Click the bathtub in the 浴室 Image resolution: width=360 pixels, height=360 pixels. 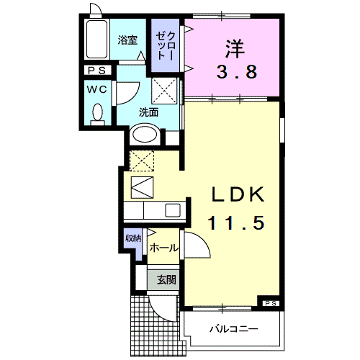pos(96,40)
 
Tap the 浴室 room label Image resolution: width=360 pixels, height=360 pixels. pos(127,40)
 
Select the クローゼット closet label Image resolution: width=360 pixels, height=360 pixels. pos(166,45)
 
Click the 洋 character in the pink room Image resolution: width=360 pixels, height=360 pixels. pos(235,49)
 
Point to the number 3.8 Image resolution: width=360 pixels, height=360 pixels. pos(237,72)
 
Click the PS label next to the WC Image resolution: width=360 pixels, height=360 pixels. pos(97,71)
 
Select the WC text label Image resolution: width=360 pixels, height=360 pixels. pos(97,90)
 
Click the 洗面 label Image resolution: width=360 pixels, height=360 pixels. pos(149,112)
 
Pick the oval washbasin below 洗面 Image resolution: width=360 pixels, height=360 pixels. pos(145,135)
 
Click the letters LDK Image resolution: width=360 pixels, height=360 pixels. pos(238,194)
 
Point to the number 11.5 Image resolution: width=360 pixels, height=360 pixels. pos(237,223)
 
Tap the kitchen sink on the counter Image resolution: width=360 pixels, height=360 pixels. pos(173,210)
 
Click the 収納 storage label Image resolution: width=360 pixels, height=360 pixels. pos(133,238)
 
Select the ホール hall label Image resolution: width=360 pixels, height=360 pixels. pos(164,248)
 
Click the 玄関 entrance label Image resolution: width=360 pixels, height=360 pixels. pos(166,280)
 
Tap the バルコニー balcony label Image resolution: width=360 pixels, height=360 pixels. pos(234,328)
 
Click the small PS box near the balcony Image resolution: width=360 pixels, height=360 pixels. pos(271,304)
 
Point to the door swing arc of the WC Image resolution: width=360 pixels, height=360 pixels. pos(132,97)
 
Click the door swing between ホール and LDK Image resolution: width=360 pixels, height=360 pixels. pos(202,241)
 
